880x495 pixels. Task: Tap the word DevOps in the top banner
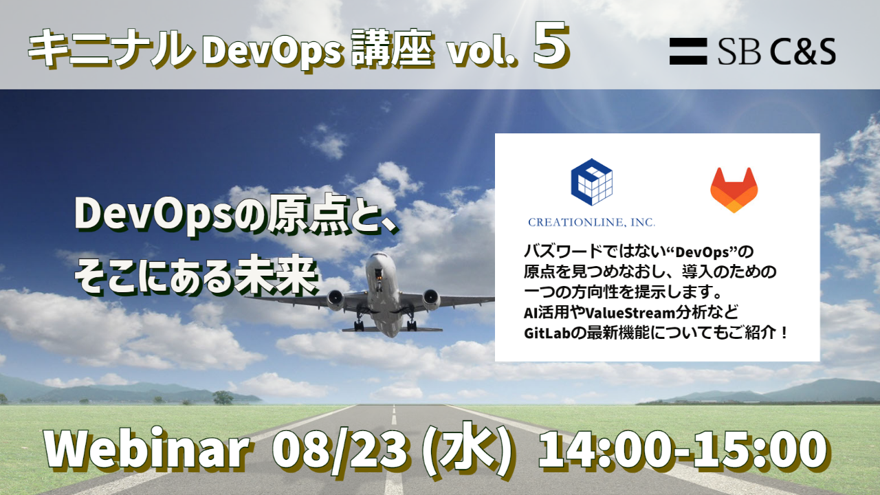[x=272, y=51]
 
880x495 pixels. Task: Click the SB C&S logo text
[x=777, y=52]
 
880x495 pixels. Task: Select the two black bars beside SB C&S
[x=688, y=52]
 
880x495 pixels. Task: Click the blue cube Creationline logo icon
[x=592, y=182]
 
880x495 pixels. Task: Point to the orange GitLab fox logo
[x=734, y=190]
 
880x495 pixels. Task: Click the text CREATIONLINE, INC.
[x=591, y=222]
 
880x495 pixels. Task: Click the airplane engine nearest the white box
[x=431, y=299]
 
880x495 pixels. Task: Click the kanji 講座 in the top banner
[x=393, y=50]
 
